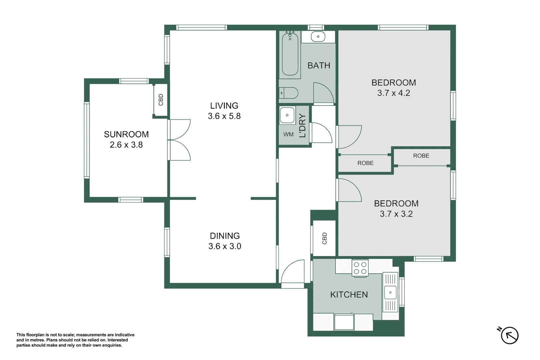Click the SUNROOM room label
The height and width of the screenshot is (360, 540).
tap(126, 134)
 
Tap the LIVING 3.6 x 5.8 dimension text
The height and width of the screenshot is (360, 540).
tap(224, 116)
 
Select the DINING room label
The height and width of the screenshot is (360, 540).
tap(225, 236)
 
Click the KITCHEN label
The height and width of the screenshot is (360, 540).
tap(349, 294)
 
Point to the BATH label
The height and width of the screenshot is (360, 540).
tap(319, 65)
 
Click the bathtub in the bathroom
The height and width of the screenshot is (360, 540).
tap(290, 54)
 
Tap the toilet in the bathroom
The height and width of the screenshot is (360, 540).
tap(289, 93)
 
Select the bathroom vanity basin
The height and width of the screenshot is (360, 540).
tap(318, 37)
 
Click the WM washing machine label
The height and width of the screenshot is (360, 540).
tap(288, 135)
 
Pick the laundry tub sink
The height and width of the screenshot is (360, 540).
tap(287, 115)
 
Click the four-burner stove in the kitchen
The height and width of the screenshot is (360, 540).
tap(360, 268)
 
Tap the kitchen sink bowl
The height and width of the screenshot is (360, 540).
tap(390, 292)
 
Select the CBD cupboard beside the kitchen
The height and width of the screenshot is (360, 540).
tap(324, 238)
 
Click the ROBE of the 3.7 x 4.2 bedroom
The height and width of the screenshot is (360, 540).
tap(365, 163)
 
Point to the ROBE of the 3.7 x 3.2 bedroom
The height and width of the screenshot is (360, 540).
tap(421, 156)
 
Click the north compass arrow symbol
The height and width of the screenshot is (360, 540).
tap(509, 335)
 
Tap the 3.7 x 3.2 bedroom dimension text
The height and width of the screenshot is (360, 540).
tap(396, 214)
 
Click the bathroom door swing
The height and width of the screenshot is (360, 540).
tap(323, 93)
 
